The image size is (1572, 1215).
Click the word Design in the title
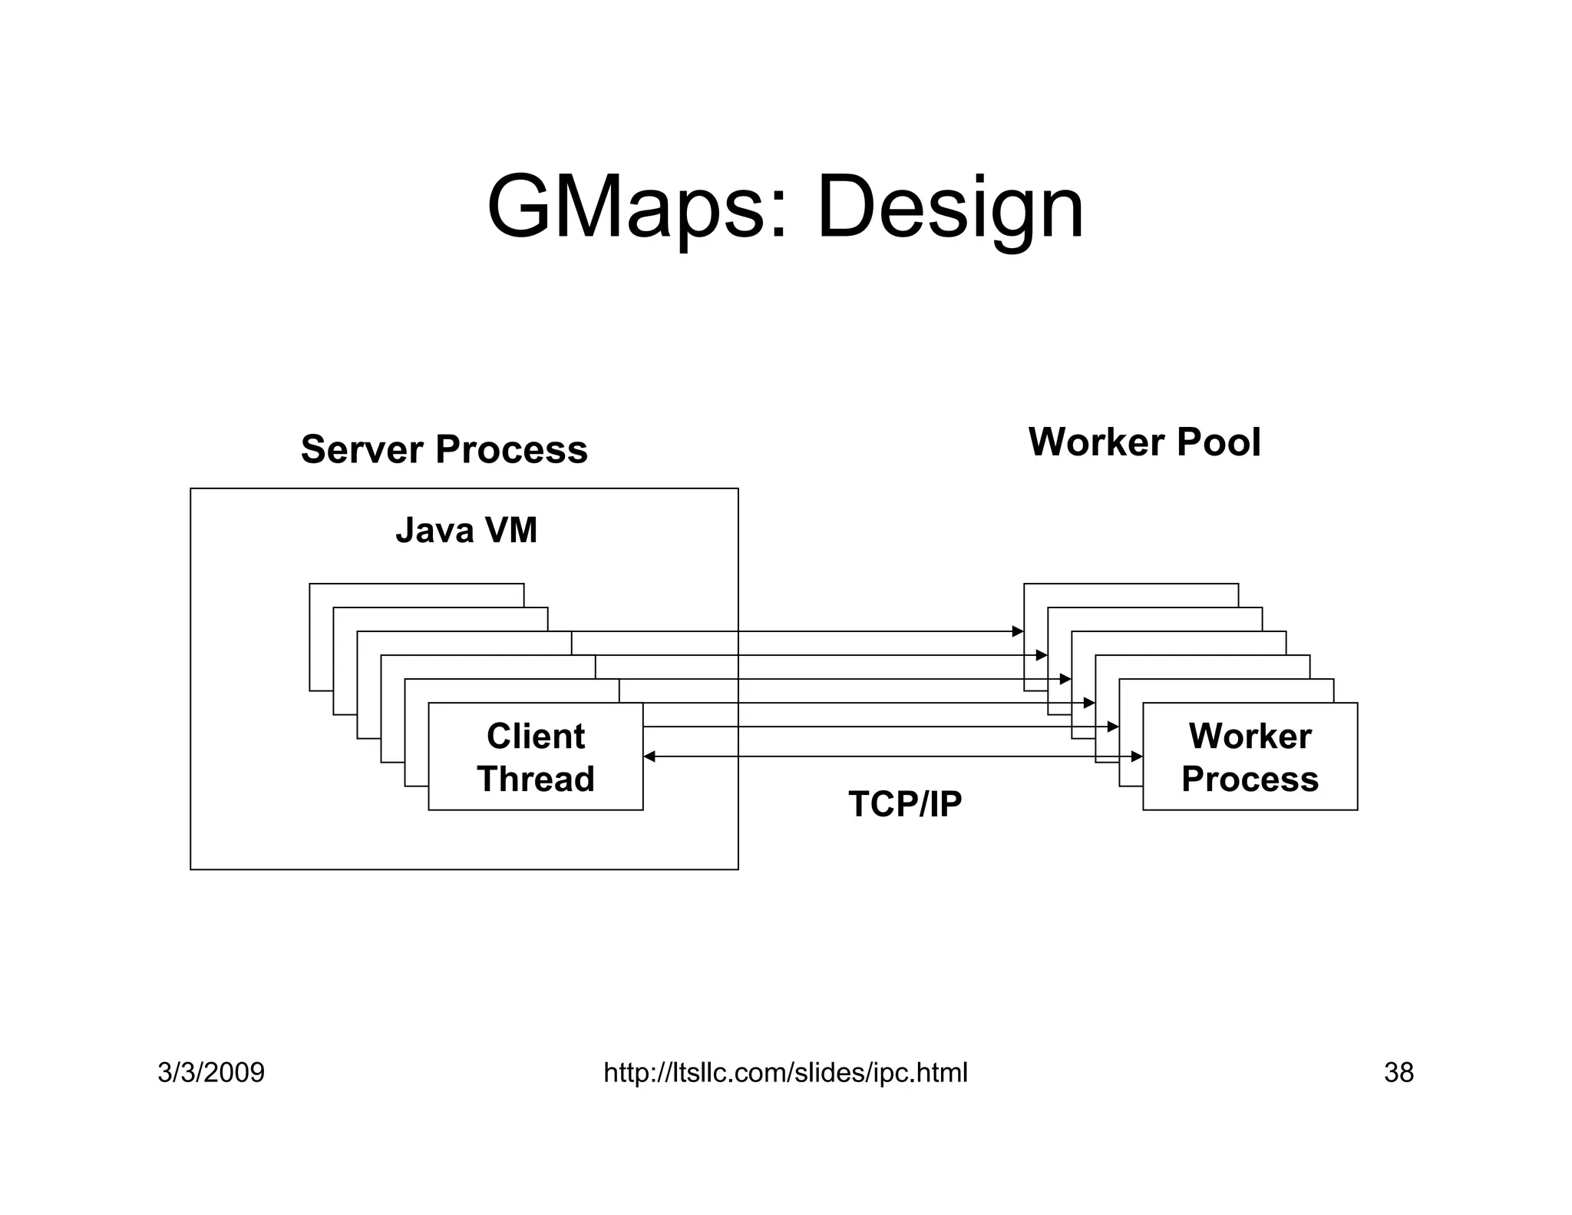tap(949, 209)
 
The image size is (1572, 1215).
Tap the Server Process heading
tap(444, 449)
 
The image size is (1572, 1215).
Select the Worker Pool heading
tap(1144, 442)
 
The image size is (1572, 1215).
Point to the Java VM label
tap(466, 531)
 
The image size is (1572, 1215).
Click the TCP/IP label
tap(905, 804)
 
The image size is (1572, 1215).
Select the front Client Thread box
tap(535, 756)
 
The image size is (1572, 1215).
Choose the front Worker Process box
tap(1250, 756)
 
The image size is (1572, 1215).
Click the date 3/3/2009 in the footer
tap(211, 1072)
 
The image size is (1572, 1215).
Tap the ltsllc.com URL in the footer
tap(785, 1072)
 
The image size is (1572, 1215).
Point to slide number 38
tap(1399, 1072)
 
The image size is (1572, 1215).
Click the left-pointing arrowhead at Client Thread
tap(649, 756)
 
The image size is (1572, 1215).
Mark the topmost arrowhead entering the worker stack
tap(1018, 631)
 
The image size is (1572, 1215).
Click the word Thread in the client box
tap(535, 779)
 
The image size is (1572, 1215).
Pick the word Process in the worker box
tap(1250, 779)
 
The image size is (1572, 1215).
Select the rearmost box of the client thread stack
tap(414, 595)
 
